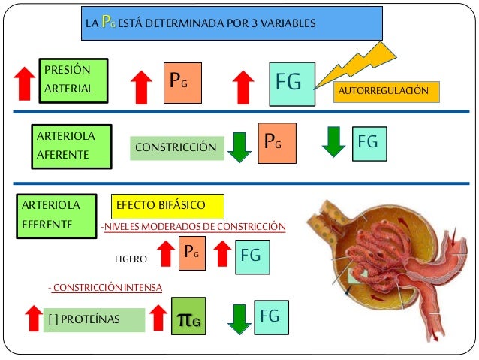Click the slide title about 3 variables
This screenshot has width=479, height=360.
click(x=232, y=23)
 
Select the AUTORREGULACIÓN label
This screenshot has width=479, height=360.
click(x=384, y=91)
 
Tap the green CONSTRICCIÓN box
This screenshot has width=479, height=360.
click(x=177, y=148)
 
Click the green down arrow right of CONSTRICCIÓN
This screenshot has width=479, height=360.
click(x=239, y=147)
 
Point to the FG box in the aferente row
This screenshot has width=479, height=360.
click(x=369, y=143)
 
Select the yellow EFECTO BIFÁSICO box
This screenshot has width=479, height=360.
click(x=168, y=204)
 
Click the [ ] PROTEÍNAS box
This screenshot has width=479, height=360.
click(x=94, y=319)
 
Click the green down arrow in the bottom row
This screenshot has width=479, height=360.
click(x=239, y=319)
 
